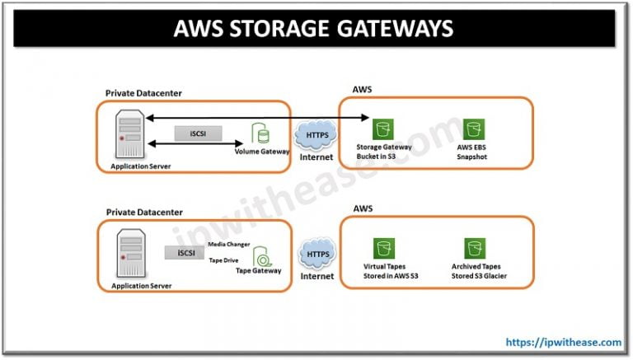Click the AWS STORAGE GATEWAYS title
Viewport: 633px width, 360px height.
tap(313, 29)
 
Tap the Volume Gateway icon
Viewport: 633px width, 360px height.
tap(261, 133)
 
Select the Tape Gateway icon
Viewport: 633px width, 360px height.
tap(261, 255)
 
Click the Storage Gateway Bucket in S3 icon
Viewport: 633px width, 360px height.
tap(381, 129)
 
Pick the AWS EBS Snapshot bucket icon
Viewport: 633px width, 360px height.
tap(472, 129)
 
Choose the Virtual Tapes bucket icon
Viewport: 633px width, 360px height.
tap(381, 248)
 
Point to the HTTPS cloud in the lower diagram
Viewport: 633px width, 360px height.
tap(316, 256)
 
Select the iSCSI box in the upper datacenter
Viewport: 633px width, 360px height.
tap(196, 133)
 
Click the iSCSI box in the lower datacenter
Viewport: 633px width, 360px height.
tap(185, 253)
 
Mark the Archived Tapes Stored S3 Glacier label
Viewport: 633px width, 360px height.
tap(479, 272)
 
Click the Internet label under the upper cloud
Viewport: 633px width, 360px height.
tap(316, 157)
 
